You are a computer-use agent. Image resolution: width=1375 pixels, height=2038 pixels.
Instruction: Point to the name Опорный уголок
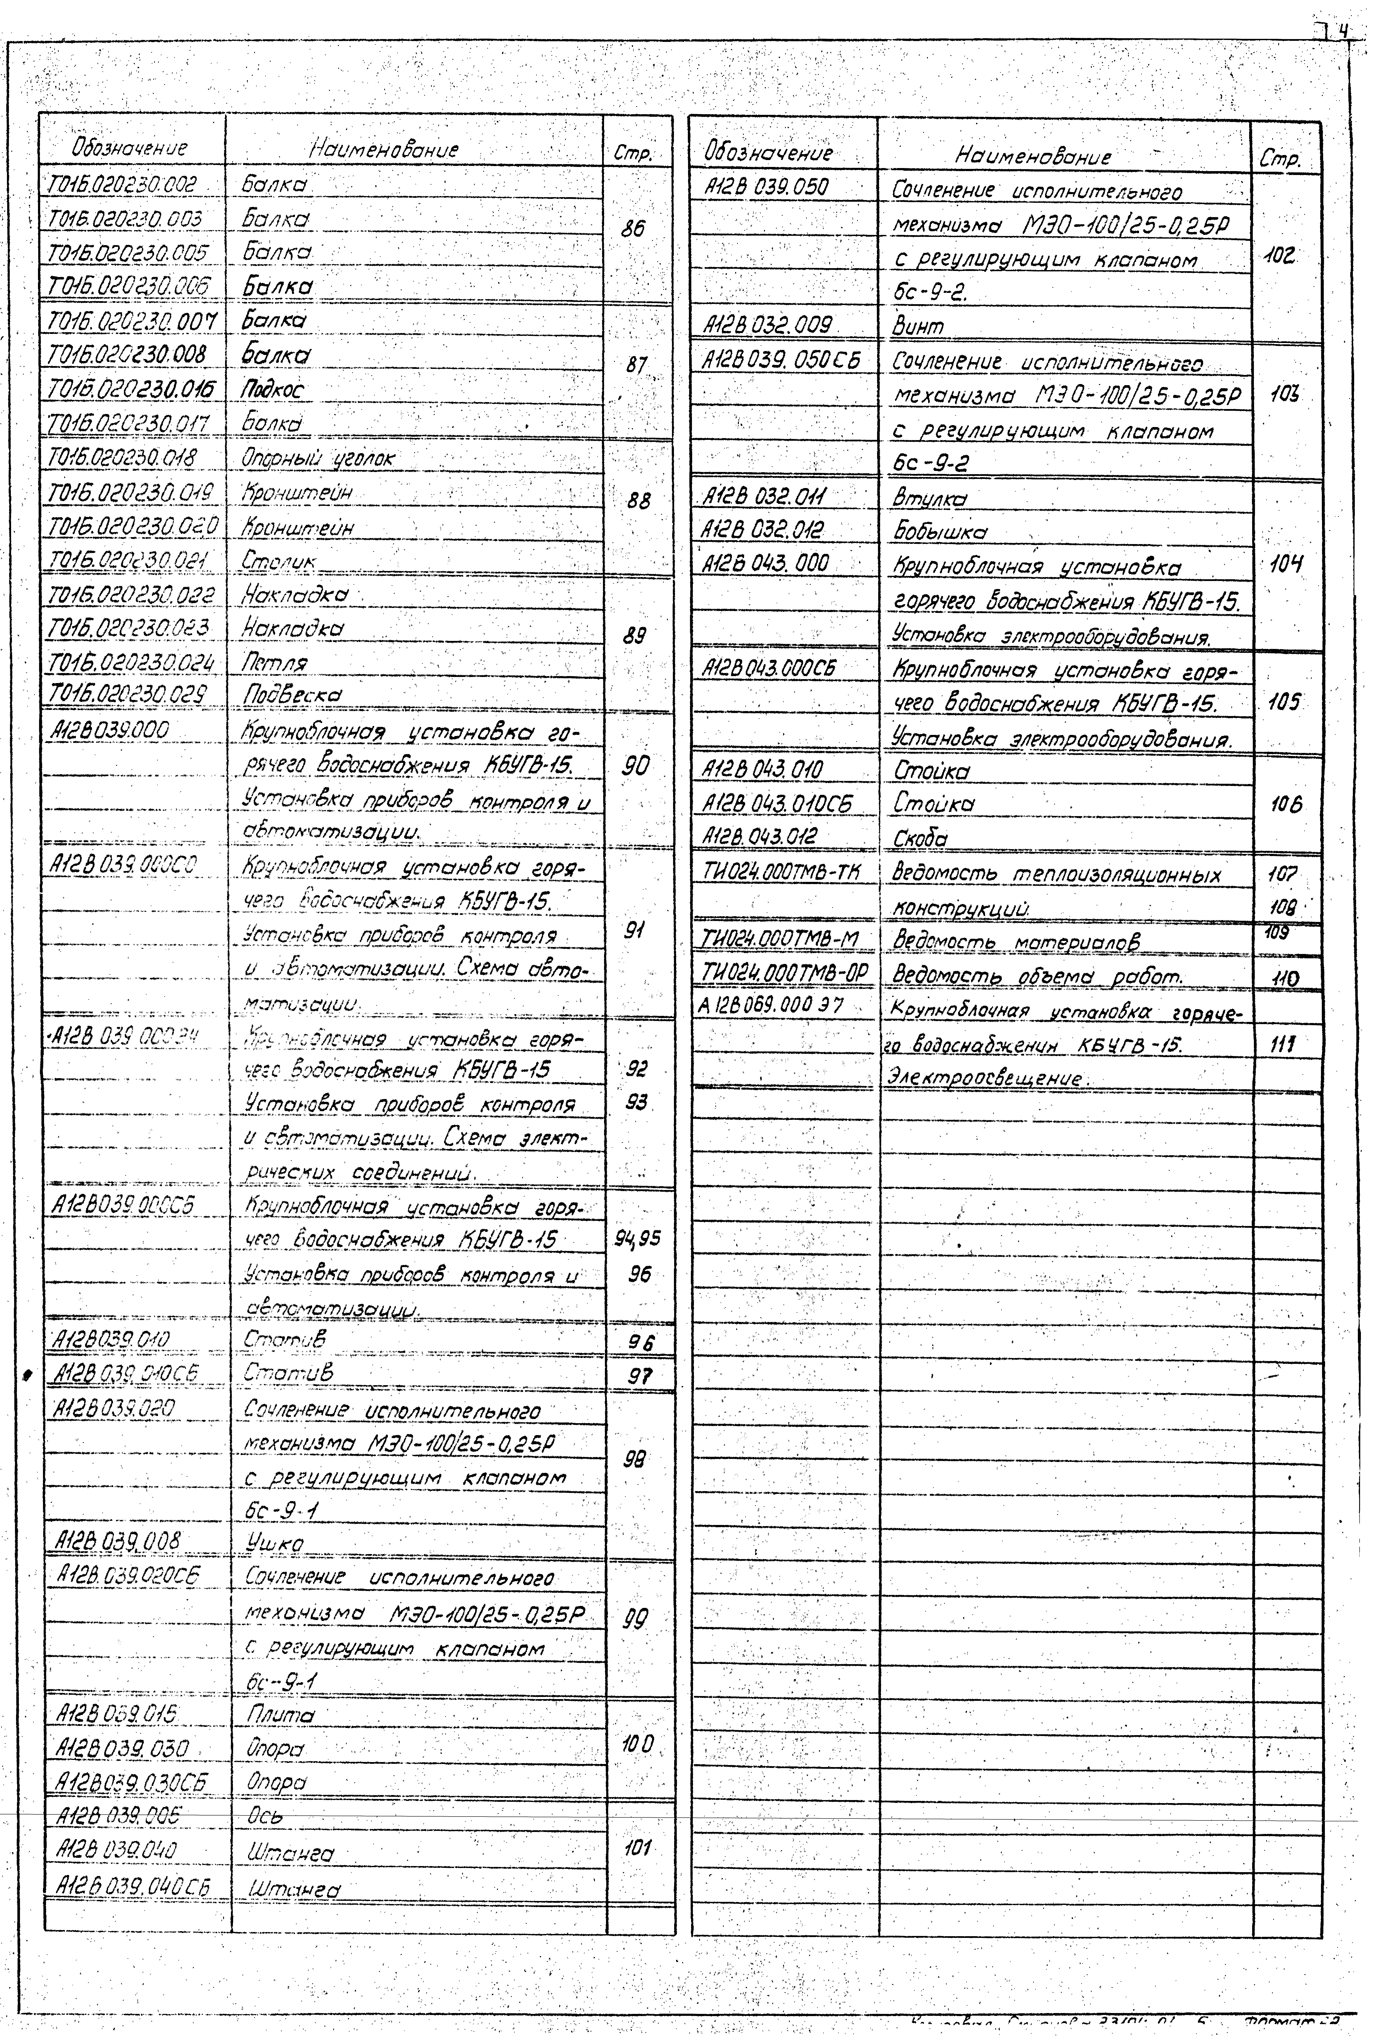click(x=318, y=458)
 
